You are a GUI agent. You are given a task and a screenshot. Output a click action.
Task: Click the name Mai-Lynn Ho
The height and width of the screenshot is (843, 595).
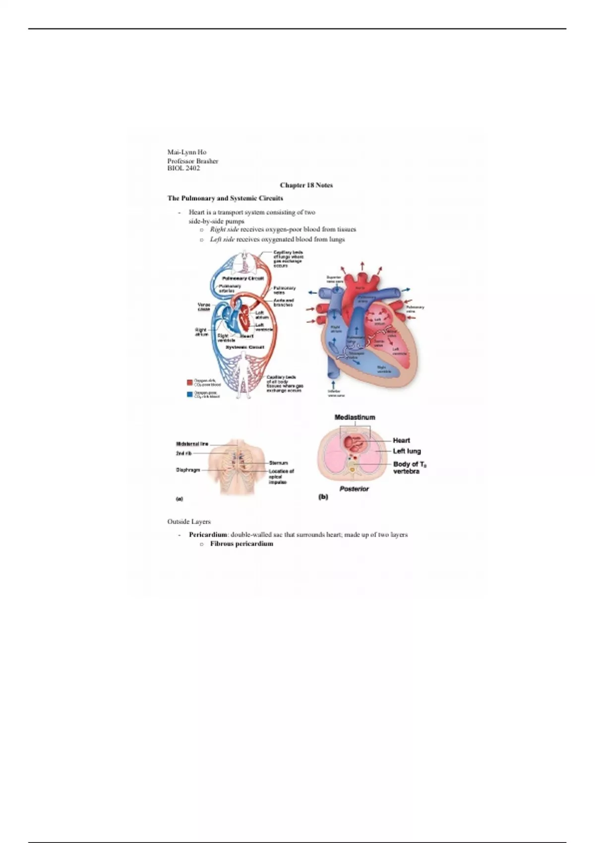(x=186, y=152)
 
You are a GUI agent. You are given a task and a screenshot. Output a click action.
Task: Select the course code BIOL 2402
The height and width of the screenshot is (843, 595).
(x=183, y=169)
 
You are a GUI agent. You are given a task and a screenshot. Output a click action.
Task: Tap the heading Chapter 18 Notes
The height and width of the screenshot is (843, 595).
(x=306, y=185)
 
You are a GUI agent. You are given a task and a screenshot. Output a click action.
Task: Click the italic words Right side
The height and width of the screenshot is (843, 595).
(x=224, y=230)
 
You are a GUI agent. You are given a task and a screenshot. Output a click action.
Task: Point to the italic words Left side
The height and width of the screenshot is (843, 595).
(x=222, y=240)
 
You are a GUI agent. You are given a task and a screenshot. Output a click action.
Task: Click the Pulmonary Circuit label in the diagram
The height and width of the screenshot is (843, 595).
(x=242, y=279)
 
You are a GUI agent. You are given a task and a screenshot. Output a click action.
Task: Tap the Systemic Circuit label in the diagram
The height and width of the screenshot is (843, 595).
(x=245, y=348)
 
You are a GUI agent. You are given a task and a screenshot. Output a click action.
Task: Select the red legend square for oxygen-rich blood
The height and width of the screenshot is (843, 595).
(x=189, y=382)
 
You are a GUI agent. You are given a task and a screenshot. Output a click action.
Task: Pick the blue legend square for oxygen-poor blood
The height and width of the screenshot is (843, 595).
(x=189, y=395)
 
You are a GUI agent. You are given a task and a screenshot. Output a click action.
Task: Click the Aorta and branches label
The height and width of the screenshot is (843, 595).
(x=284, y=302)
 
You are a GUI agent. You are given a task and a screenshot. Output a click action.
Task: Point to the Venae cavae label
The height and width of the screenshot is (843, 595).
(x=204, y=307)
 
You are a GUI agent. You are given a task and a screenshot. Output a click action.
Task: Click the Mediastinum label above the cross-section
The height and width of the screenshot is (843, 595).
(x=355, y=418)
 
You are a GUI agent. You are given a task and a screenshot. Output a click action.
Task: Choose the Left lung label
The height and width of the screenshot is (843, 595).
(x=407, y=451)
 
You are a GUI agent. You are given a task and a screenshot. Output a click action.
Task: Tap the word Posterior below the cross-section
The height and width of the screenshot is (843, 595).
(x=354, y=489)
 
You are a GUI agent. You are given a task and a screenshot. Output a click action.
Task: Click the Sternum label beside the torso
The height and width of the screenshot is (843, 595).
(x=278, y=463)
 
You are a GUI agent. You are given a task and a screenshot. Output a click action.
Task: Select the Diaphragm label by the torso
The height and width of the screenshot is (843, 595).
(x=188, y=470)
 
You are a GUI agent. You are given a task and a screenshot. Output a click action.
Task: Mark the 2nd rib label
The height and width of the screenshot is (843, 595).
(x=183, y=453)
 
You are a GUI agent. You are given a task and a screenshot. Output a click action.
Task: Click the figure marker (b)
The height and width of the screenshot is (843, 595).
(x=323, y=496)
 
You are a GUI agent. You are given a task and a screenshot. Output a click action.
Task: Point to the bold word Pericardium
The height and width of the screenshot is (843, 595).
(x=207, y=535)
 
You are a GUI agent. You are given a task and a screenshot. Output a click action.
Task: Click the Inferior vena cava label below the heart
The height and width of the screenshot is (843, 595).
(x=336, y=393)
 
